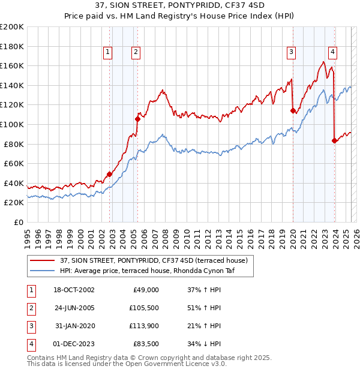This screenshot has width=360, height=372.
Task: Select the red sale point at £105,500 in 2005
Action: (x=137, y=119)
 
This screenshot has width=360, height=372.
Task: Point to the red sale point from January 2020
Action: (x=293, y=110)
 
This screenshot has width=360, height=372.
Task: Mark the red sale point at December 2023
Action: (x=334, y=140)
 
